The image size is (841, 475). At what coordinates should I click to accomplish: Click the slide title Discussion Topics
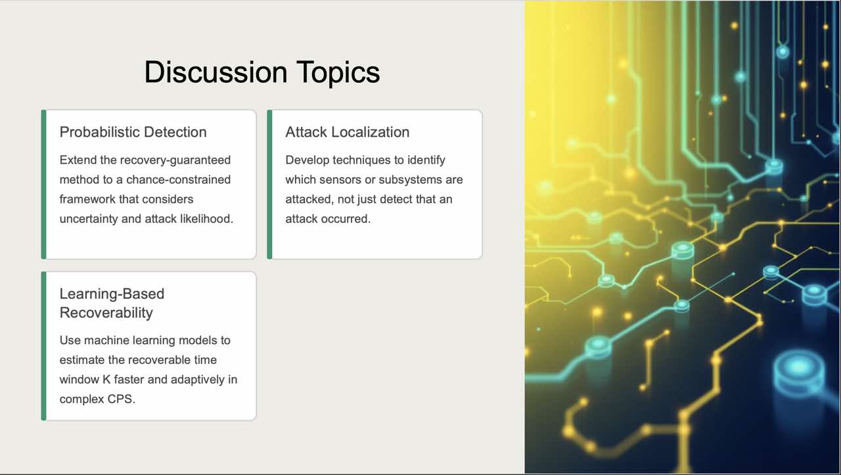coord(262,72)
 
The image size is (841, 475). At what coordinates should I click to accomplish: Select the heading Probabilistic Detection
coord(133,132)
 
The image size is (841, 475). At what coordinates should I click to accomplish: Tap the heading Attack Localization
coord(347,132)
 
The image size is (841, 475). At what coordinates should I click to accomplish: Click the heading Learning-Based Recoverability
coord(112,303)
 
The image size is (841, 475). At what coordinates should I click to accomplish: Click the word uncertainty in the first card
coord(89,218)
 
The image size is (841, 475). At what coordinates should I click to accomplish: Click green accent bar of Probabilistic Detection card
coord(43,184)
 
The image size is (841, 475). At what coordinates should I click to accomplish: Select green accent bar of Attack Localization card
coord(269,184)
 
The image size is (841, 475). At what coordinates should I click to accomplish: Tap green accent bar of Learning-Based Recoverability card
coord(43,345)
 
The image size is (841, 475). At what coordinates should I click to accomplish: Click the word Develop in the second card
coord(307,160)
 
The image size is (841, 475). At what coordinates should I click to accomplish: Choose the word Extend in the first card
coord(77,160)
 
